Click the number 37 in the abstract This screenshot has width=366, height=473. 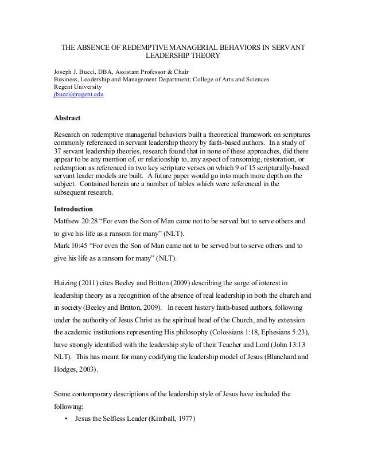(57, 150)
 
